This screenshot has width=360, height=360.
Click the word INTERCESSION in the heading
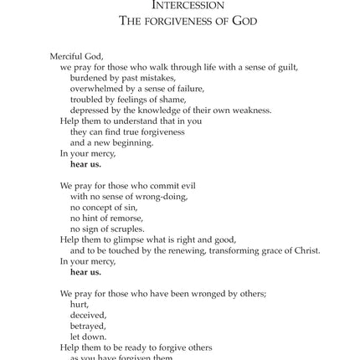point(177,5)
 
